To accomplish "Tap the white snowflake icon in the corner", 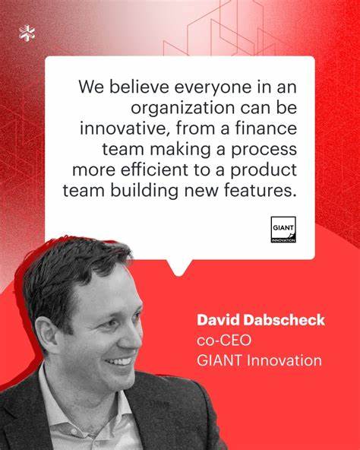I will pos(27,33).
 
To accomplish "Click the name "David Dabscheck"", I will pos(260,320).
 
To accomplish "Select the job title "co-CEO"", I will pos(220,340).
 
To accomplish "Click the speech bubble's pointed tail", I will pos(180,267).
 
